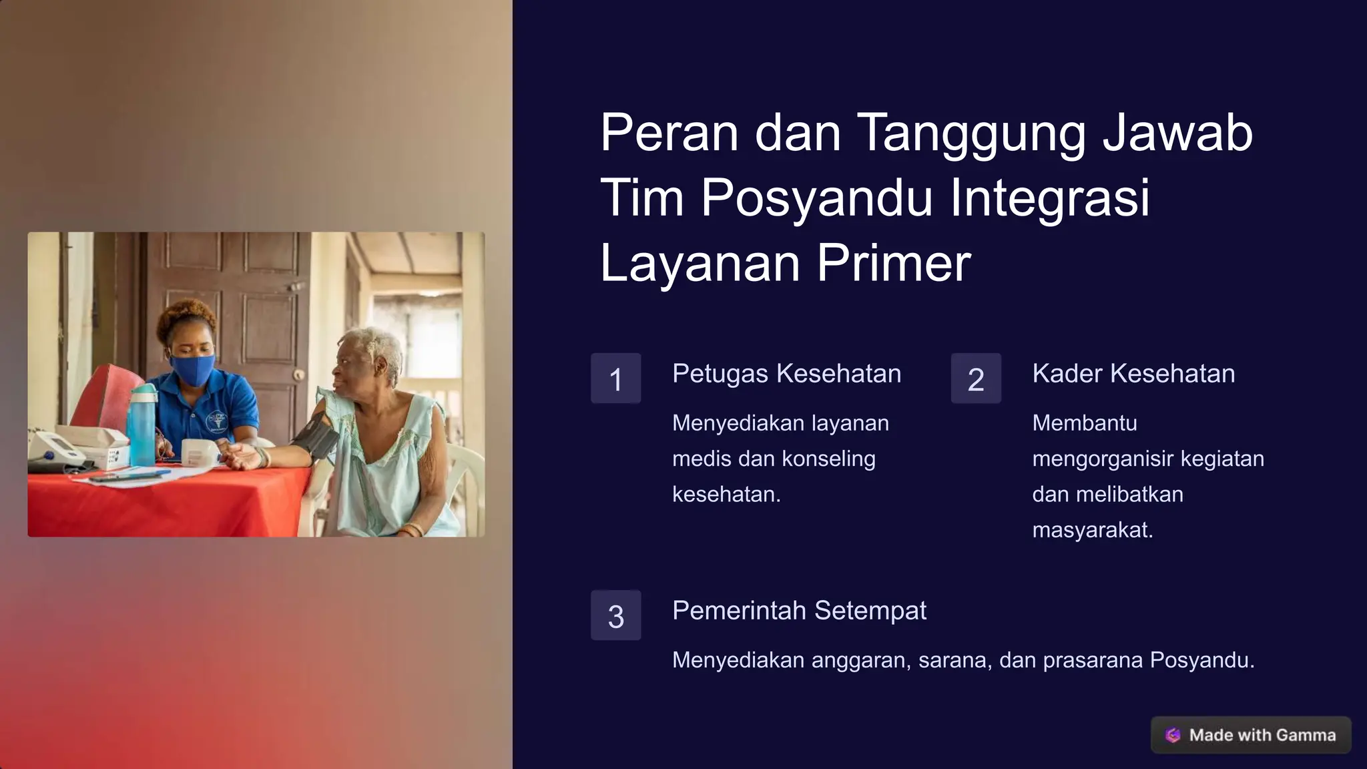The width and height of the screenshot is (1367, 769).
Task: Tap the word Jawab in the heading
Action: [x=1177, y=132]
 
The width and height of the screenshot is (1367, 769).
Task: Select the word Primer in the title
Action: [x=894, y=263]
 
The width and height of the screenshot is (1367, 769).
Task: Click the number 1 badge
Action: [x=615, y=378]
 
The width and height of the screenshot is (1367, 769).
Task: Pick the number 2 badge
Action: [x=976, y=378]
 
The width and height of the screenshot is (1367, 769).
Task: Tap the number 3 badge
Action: [x=615, y=615]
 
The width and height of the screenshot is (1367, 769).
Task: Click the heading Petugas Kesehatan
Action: [x=786, y=374]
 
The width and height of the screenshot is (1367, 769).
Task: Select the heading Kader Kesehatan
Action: [x=1133, y=374]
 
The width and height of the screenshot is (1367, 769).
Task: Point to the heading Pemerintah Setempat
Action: [x=799, y=611]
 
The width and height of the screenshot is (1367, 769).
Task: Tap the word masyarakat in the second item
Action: [x=1093, y=530]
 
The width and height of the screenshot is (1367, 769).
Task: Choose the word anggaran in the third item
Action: [x=861, y=660]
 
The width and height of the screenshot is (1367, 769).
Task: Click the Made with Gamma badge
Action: [x=1251, y=735]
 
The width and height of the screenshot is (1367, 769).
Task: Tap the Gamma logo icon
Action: [x=1173, y=735]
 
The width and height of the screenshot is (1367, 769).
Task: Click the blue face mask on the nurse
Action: [x=192, y=369]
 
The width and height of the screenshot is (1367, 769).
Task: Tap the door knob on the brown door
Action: [x=299, y=374]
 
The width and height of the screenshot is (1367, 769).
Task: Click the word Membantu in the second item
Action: [x=1085, y=423]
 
